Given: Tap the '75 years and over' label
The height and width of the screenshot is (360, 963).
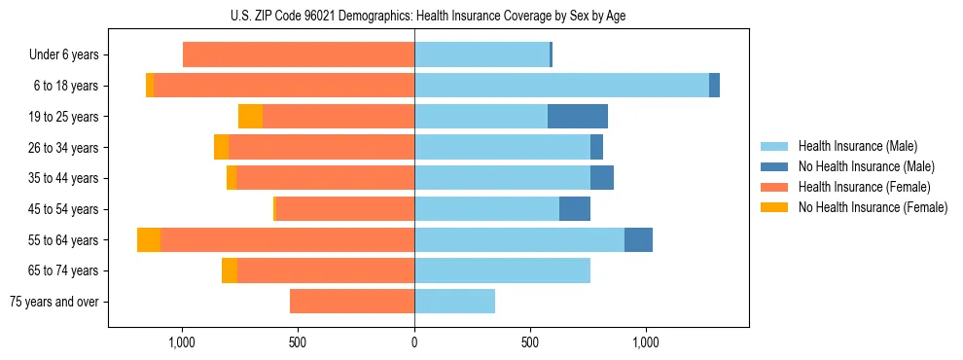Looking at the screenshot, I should (x=54, y=302).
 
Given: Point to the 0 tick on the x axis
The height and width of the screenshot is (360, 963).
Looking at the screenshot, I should (x=414, y=342).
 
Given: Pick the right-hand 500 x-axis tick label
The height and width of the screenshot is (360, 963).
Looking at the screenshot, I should (x=530, y=342).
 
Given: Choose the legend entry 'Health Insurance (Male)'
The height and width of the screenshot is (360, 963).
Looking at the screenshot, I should (x=857, y=146).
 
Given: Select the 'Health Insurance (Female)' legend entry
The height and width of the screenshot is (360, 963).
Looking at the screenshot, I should (x=864, y=187).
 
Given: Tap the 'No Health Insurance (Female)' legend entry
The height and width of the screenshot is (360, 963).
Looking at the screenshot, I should (x=873, y=207).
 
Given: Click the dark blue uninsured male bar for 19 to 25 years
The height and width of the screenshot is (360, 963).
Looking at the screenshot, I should (x=578, y=117).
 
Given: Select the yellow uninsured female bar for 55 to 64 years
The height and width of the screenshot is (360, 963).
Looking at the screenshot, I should (x=149, y=240).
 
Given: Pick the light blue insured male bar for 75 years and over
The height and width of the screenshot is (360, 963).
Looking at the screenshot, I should (x=454, y=302).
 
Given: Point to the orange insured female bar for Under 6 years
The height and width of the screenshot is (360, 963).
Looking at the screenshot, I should (x=299, y=55).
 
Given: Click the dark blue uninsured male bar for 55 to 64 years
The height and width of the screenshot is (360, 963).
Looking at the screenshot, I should (x=638, y=240).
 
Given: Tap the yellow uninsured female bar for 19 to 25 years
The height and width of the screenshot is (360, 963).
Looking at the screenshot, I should (x=250, y=117).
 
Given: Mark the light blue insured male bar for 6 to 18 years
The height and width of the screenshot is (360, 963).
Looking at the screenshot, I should (x=561, y=86).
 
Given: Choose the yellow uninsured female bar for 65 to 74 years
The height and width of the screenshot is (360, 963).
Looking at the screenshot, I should (x=230, y=270).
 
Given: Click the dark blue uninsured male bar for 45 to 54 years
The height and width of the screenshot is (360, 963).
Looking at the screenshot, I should (x=575, y=209).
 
